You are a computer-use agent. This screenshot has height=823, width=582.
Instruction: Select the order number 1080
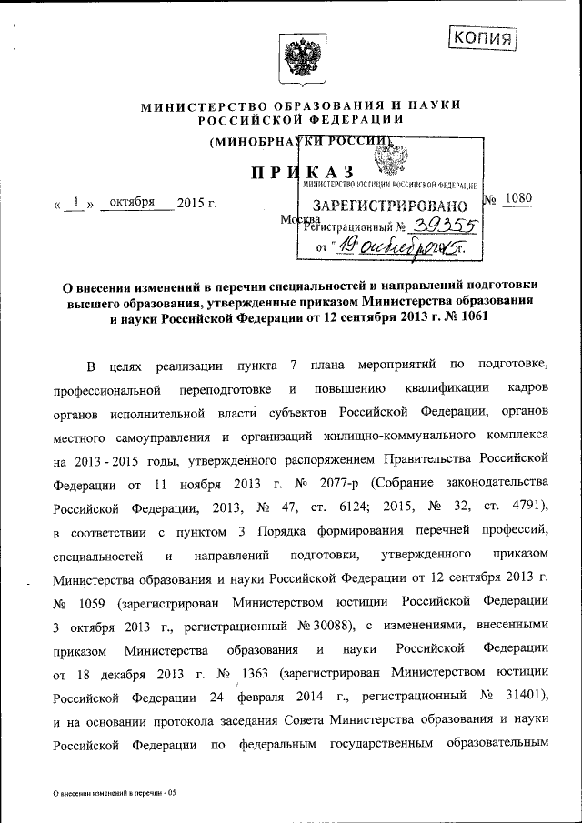(x=521, y=199)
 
